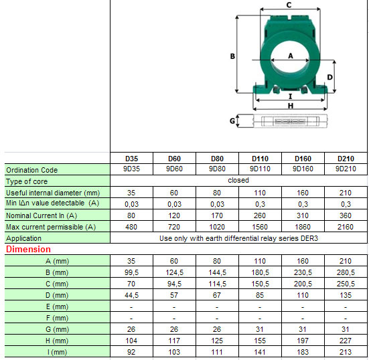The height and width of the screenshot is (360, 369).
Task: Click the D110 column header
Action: pyautogui.click(x=261, y=159)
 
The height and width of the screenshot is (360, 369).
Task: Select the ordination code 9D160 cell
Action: pyautogui.click(x=303, y=169)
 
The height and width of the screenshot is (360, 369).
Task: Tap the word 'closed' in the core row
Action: pyautogui.click(x=238, y=181)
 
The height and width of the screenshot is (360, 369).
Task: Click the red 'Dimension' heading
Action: pyautogui.click(x=28, y=250)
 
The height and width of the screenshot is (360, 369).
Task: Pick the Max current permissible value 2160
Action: pyautogui.click(x=346, y=226)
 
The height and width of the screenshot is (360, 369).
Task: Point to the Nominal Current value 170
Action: pyautogui.click(x=218, y=215)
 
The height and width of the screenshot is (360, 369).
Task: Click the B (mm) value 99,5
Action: pyautogui.click(x=132, y=272)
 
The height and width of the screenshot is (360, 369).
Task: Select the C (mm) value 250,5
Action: pyautogui.click(x=346, y=284)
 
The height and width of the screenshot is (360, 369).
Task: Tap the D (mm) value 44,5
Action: pyautogui.click(x=132, y=295)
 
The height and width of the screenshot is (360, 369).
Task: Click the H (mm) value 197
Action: pyautogui.click(x=303, y=341)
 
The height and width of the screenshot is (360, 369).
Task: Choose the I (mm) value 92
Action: pyautogui.click(x=132, y=352)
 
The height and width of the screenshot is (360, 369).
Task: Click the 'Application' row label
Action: pyautogui.click(x=23, y=238)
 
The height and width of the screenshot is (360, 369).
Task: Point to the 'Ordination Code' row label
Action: pyautogui.click(x=31, y=170)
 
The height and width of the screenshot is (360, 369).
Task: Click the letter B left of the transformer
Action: pyautogui.click(x=232, y=56)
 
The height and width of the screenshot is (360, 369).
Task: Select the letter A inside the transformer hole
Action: pyautogui.click(x=291, y=56)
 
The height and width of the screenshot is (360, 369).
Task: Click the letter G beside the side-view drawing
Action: pyautogui.click(x=232, y=121)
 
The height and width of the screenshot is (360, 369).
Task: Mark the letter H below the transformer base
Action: pyautogui.click(x=290, y=106)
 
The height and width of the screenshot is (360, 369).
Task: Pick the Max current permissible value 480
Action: pyautogui.click(x=132, y=226)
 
